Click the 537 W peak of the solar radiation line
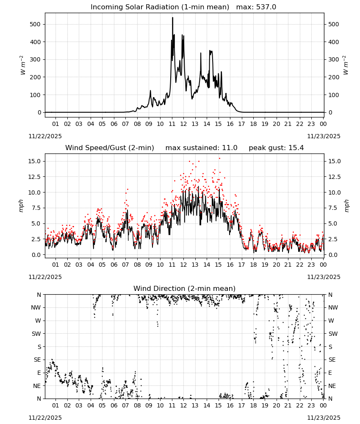172,18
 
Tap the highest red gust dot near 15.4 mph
219,159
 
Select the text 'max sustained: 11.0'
201,148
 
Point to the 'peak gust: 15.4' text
276,148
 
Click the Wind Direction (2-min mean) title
185,288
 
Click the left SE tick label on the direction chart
37,360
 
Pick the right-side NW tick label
333,307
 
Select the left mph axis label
21,206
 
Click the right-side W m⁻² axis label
346,65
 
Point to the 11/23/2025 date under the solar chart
324,136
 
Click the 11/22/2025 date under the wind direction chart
45,418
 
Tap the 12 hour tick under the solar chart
184,124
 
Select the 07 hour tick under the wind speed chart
125,265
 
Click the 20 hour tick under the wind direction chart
277,406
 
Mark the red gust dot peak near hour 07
127,189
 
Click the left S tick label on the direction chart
39,347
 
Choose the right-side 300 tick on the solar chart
334,59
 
